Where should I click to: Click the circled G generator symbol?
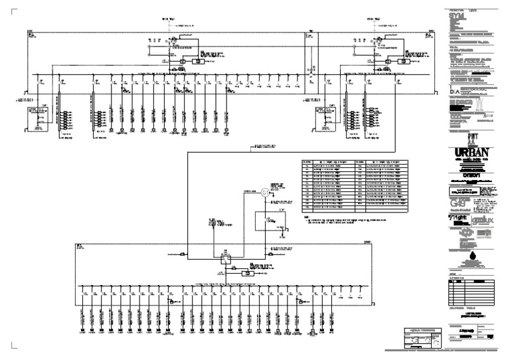264,193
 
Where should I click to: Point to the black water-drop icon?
473,257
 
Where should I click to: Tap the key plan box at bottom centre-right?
420,339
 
